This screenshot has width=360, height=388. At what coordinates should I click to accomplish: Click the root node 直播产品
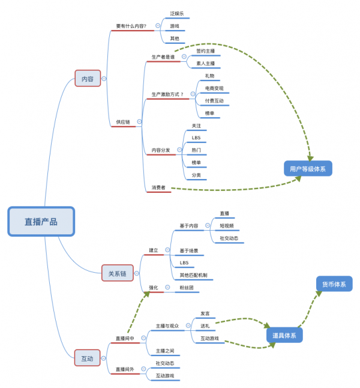click(x=41, y=221)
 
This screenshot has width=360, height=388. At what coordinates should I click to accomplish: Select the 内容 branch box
click(x=88, y=79)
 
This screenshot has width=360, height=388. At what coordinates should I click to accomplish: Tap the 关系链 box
click(x=117, y=273)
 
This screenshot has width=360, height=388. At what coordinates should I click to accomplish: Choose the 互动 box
click(x=87, y=358)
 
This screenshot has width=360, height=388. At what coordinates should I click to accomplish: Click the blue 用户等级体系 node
click(x=308, y=169)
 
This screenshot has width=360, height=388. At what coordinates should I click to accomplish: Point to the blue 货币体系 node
click(x=334, y=284)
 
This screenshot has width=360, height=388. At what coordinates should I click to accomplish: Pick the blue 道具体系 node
click(x=284, y=335)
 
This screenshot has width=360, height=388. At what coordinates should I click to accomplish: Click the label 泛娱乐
click(x=177, y=13)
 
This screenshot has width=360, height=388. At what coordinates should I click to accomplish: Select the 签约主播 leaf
click(x=205, y=51)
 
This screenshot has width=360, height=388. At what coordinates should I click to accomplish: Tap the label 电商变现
click(x=214, y=88)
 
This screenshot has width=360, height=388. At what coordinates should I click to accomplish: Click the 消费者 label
click(x=158, y=187)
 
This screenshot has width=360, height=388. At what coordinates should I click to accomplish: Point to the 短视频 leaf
click(x=227, y=226)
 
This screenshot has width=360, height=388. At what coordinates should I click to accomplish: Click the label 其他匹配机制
click(x=193, y=275)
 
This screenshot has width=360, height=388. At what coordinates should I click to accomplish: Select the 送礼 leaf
click(x=205, y=326)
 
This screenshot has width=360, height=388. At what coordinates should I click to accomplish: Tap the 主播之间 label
click(x=165, y=350)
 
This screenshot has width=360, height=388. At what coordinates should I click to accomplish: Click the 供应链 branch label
click(x=123, y=122)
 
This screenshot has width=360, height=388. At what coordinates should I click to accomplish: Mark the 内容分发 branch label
click(x=160, y=150)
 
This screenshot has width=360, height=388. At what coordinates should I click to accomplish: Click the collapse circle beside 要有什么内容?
click(x=158, y=26)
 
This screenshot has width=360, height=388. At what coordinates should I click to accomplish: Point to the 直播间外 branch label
click(x=125, y=369)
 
